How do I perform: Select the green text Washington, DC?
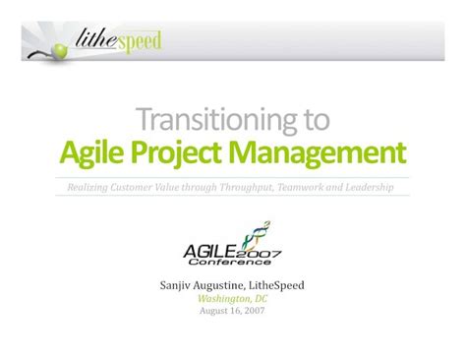coord(232,299)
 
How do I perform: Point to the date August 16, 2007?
coord(232,311)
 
